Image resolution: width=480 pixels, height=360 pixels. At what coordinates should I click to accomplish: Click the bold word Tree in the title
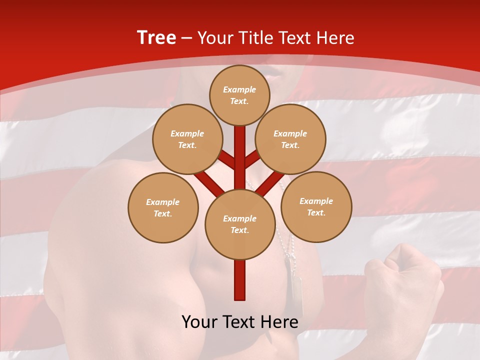156,38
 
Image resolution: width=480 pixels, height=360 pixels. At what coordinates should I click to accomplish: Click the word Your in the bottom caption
199,322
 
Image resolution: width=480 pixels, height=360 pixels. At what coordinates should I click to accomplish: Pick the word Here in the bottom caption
280,322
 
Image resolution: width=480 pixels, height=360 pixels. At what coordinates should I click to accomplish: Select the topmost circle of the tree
239,95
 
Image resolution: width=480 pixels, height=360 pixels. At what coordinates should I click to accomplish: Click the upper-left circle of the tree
187,139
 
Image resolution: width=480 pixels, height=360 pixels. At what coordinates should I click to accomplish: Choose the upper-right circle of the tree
290,139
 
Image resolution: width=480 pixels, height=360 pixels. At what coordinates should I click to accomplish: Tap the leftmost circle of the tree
163,207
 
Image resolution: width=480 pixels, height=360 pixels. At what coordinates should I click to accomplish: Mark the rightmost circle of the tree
316,206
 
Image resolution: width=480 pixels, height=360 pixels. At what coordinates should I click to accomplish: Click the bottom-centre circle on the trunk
240,224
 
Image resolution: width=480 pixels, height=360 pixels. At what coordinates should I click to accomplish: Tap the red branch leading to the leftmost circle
209,183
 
